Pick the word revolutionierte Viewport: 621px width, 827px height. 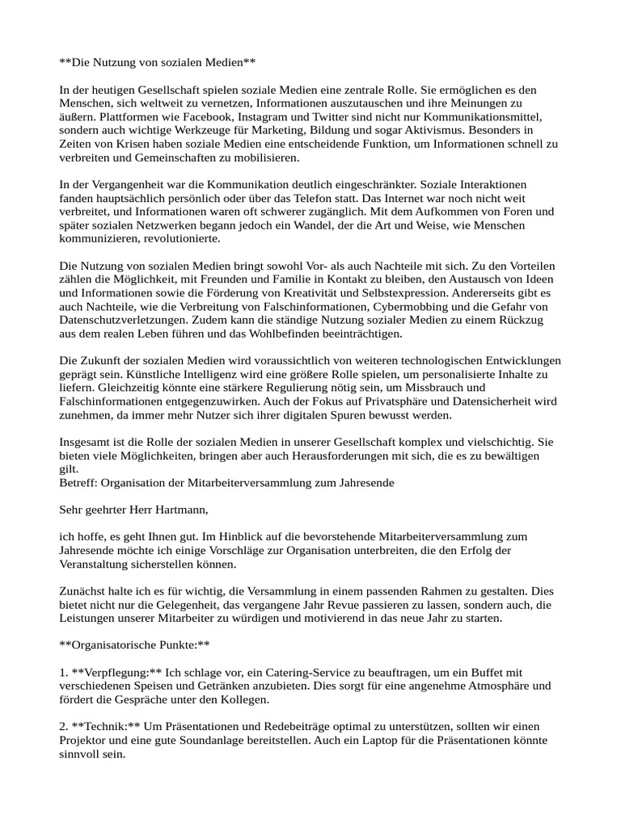[179, 239]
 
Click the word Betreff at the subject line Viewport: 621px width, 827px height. [79, 484]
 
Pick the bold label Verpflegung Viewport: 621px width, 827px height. [123, 674]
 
